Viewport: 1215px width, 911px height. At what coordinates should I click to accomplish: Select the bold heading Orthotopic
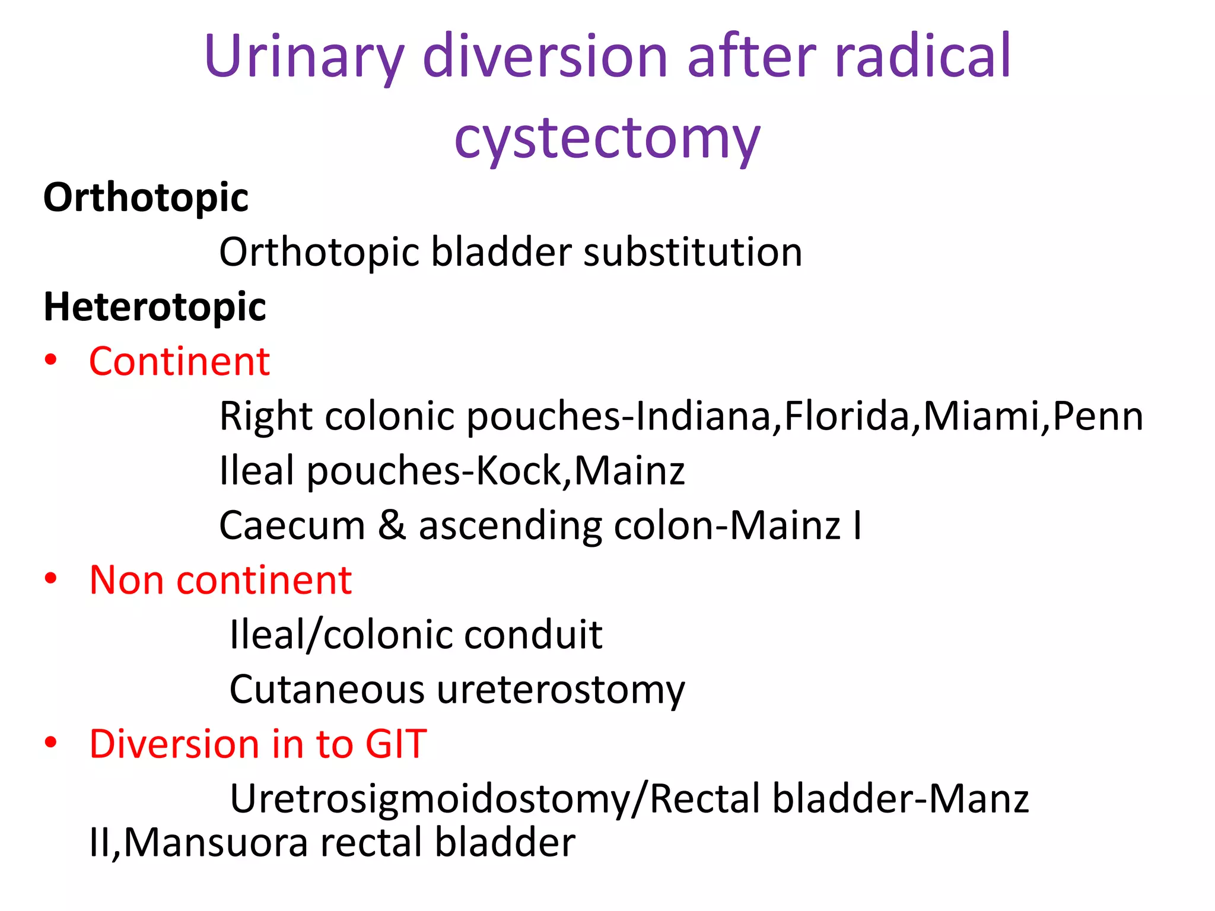146,198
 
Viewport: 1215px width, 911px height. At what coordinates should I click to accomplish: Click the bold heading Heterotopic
155,307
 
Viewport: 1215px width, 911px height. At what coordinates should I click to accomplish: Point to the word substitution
692,252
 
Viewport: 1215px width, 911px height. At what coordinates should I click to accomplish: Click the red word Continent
179,361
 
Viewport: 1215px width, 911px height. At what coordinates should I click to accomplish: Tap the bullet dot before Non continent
51,578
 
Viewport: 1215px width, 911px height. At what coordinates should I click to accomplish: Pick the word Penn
1098,416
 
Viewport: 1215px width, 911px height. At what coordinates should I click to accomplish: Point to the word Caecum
292,525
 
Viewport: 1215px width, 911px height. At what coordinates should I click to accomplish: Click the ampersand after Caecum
392,525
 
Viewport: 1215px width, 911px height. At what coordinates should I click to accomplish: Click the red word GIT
396,744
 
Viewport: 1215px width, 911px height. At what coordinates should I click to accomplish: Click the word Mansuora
216,842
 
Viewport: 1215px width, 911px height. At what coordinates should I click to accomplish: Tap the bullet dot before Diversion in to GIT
51,742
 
